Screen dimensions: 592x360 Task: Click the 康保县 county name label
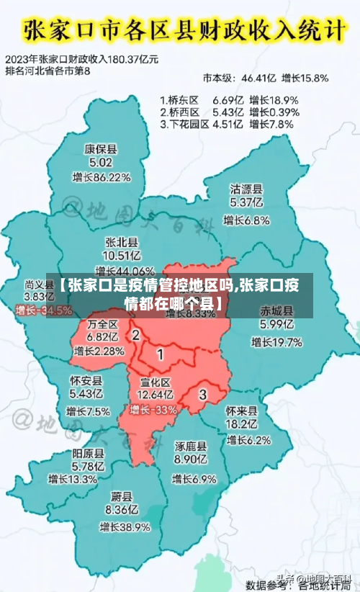tap(101, 150)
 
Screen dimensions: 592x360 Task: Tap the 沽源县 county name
tap(246, 189)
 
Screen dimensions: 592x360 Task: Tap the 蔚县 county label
tap(121, 496)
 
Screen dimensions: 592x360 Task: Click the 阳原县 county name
tap(88, 454)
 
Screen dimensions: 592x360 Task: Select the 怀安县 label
tap(86, 380)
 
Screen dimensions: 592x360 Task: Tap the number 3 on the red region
tap(202, 394)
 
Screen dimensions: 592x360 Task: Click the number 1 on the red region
tap(160, 354)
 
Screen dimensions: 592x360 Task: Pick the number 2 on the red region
tap(135, 335)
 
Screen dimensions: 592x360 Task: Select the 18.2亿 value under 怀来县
tap(240, 424)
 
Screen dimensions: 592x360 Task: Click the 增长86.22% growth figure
tap(102, 177)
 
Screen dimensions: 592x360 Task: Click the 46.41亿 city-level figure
tap(258, 77)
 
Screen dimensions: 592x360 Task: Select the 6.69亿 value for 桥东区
tap(228, 100)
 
